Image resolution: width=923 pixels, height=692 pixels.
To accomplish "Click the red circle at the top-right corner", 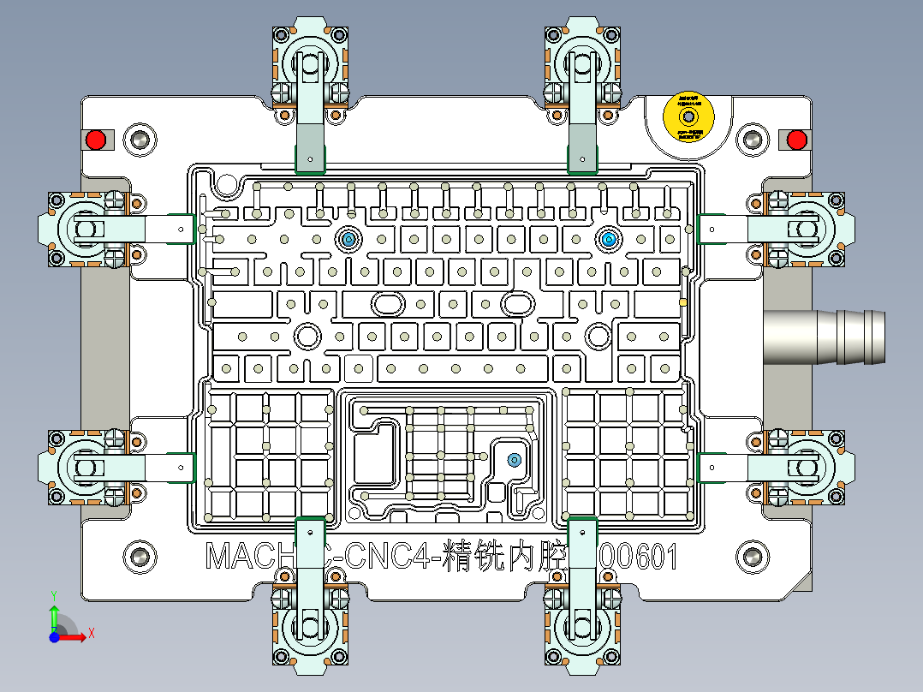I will click(796, 139).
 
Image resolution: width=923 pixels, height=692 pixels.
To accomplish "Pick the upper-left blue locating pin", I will click(348, 239).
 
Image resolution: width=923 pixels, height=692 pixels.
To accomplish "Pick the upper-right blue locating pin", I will click(608, 239).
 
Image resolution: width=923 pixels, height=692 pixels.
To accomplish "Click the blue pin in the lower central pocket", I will click(514, 460).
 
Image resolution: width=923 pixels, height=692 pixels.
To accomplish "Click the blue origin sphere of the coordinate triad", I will click(53, 636).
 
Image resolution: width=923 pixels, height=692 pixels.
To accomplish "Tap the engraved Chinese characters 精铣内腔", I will click(505, 558).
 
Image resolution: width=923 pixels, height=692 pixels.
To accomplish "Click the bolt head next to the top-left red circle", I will click(140, 139).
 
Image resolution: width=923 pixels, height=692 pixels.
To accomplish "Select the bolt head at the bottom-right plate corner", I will click(753, 557).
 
